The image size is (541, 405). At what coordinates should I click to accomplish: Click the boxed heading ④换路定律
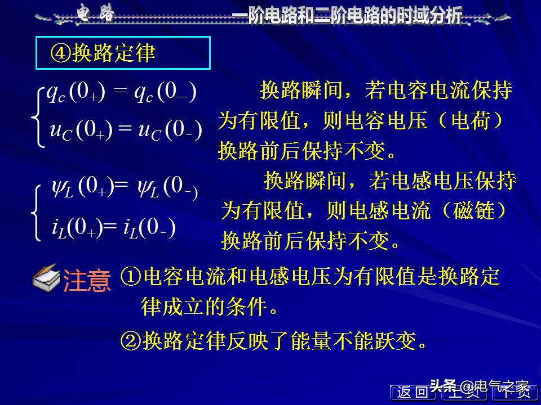click(x=123, y=53)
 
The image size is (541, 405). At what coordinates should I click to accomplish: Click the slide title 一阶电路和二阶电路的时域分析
click(x=348, y=15)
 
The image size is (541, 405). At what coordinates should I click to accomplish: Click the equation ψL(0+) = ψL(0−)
click(x=124, y=187)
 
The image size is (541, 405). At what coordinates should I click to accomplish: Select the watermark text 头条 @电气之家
click(x=480, y=386)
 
